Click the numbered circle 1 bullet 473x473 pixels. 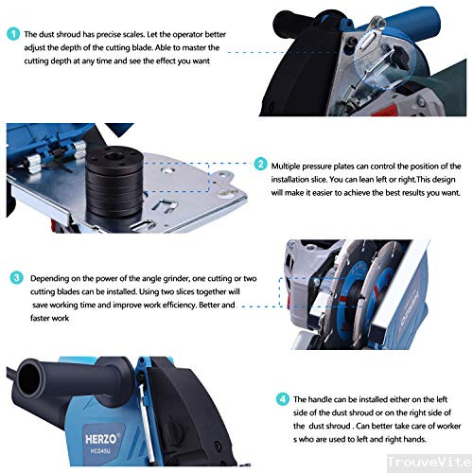[12, 33]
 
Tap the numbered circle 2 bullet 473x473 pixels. [261, 165]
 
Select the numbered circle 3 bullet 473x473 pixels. [17, 279]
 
